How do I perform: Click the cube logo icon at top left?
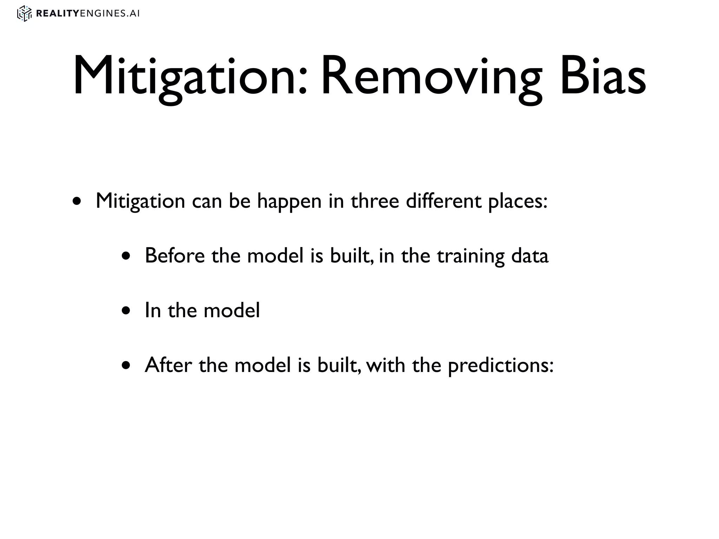click(25, 14)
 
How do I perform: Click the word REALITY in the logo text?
click(58, 14)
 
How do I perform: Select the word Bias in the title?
click(602, 76)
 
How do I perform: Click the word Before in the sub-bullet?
click(174, 256)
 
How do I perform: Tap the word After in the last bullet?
click(168, 365)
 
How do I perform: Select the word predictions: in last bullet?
click(501, 366)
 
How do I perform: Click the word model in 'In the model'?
click(232, 311)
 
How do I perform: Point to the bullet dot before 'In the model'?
click(126, 311)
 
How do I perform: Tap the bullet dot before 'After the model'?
click(126, 366)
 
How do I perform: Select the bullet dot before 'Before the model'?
click(126, 256)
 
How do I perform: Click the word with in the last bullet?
click(385, 365)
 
